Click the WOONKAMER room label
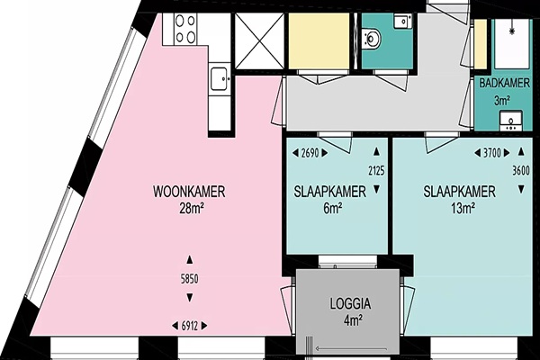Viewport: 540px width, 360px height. coord(189,192)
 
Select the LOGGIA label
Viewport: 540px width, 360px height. coord(351,303)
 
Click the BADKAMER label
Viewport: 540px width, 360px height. coord(504,83)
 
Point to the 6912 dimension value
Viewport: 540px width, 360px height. coord(190,326)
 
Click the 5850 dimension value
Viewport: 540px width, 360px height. coord(189,279)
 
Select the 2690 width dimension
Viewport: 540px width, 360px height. coord(310,153)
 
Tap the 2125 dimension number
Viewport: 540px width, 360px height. coord(376,170)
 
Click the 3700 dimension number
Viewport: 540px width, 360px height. coord(492,153)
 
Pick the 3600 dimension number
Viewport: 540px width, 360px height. coord(521,170)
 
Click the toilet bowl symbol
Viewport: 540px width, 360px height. coord(372,38)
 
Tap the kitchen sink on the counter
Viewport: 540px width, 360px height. coord(220,79)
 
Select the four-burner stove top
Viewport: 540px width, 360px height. coord(185,29)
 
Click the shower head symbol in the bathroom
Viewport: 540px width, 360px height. coord(512,31)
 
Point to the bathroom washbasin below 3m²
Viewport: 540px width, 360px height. coord(511,121)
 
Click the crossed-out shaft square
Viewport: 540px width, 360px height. coord(259,41)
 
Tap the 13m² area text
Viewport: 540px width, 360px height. coord(463,208)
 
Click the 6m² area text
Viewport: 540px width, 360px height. coord(333,208)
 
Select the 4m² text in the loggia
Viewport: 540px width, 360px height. coord(353,320)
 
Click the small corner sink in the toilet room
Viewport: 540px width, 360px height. coord(403,22)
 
